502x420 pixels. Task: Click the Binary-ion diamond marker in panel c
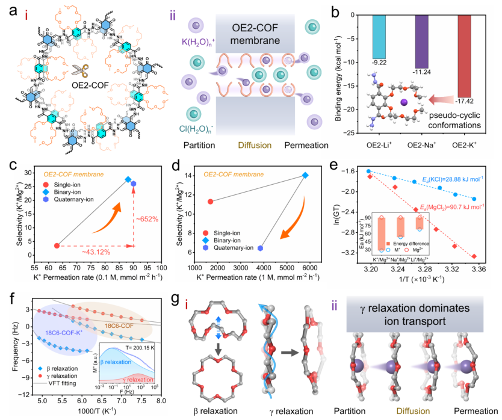(x=128, y=179)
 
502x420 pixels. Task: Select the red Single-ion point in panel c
(x=57, y=246)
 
